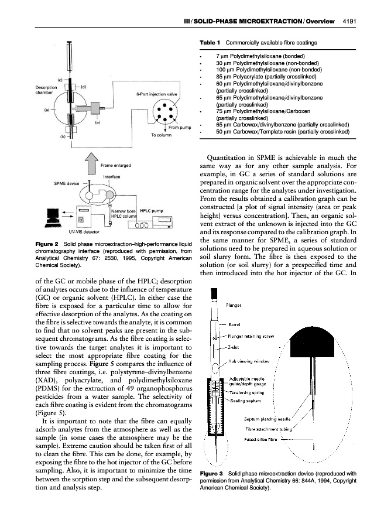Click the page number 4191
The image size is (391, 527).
(x=350, y=22)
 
